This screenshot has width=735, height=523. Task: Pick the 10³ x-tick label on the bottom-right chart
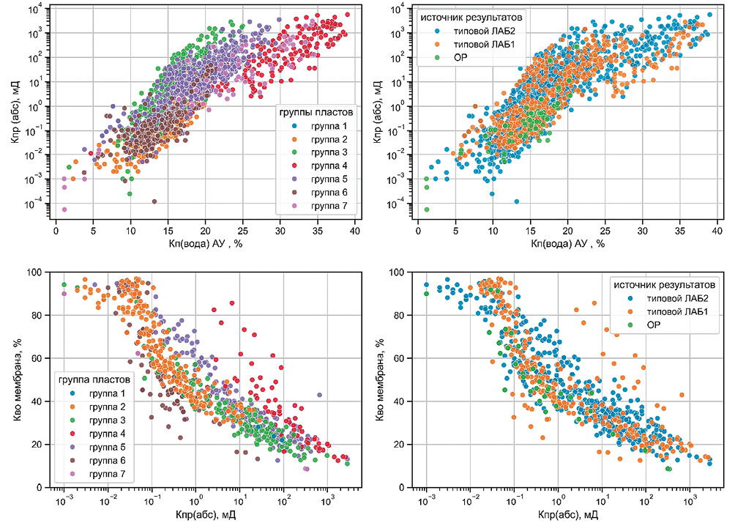pyautogui.click(x=689, y=501)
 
